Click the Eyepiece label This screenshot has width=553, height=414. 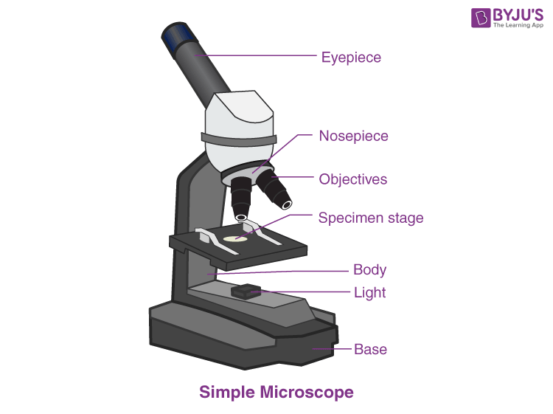coord(351,57)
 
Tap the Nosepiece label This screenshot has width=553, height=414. coord(353,137)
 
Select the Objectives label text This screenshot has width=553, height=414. coord(352,179)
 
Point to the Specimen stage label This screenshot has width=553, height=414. coord(371,218)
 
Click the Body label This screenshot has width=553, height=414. coord(369,270)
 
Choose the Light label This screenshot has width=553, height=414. coord(369,292)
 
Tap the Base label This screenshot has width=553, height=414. coord(370,349)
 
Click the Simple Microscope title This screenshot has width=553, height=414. coord(276,392)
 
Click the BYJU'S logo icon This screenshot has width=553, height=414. coord(462,18)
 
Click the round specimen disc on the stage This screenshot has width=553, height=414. coord(235,239)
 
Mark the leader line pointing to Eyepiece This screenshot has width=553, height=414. coord(258,56)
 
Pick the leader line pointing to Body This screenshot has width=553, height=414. coord(280,271)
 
